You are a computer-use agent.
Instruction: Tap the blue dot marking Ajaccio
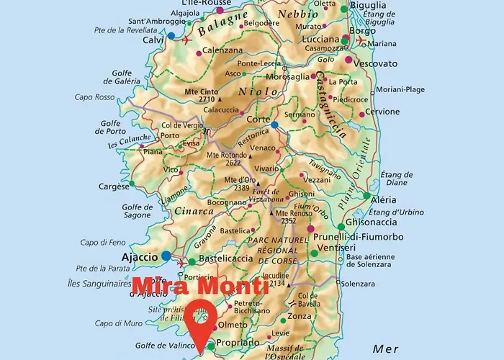point(167,256)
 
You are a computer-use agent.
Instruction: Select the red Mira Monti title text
point(201,286)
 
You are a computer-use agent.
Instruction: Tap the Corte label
point(258,120)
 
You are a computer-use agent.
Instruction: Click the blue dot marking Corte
point(274,125)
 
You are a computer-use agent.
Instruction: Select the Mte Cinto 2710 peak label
point(202,96)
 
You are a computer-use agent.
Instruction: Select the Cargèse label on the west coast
point(114,186)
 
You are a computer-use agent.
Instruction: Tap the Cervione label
point(382,112)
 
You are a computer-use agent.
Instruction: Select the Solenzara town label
point(359,284)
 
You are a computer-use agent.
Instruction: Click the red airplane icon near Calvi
point(188,40)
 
